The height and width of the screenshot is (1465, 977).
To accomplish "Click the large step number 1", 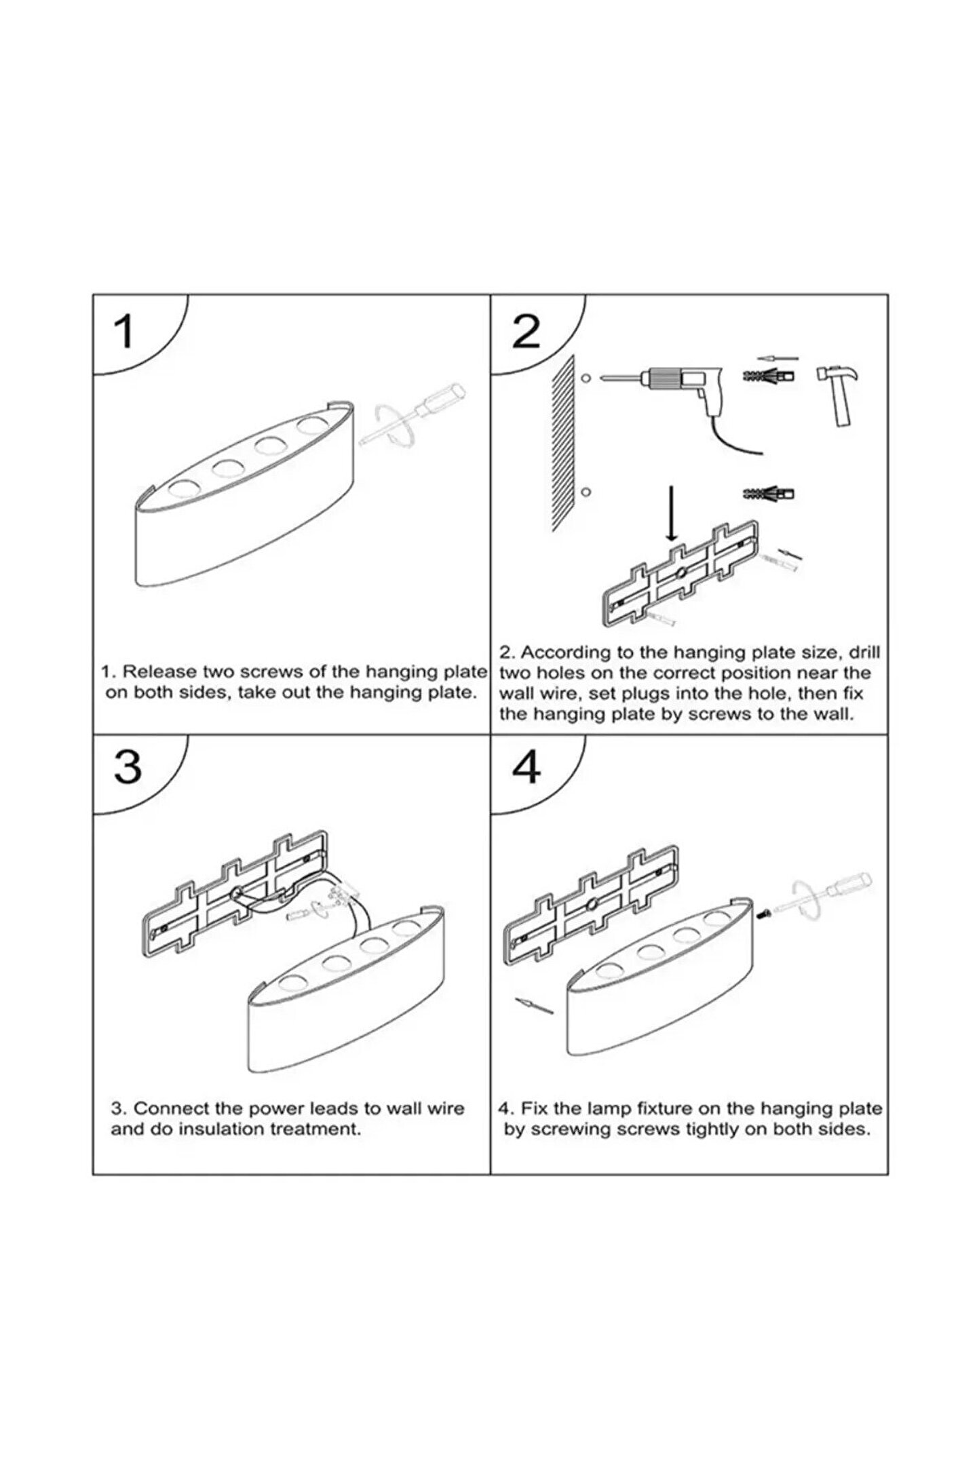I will tap(123, 332).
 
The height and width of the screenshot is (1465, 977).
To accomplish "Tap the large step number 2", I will tap(526, 332).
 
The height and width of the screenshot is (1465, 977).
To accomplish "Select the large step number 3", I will tap(128, 766).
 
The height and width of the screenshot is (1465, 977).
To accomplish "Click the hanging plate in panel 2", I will tap(678, 574).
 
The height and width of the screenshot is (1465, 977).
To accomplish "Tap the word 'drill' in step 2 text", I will tap(863, 652).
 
